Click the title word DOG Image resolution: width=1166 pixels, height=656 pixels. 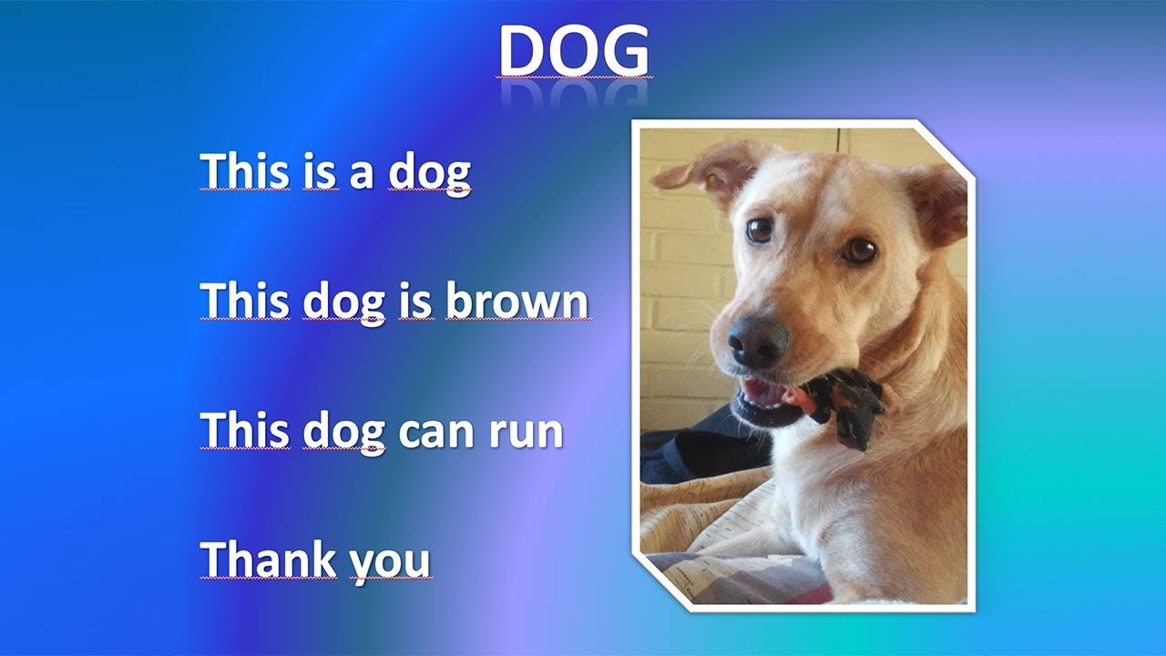[573, 52]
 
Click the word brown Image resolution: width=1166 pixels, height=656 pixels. [517, 302]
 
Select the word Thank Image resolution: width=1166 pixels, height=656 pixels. [268, 559]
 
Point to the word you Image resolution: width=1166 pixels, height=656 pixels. [391, 562]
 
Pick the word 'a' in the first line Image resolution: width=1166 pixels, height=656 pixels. [362, 173]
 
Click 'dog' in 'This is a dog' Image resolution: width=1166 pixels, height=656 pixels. [429, 174]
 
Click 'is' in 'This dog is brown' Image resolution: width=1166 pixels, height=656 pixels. [415, 301]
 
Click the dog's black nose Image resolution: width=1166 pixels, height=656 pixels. [757, 340]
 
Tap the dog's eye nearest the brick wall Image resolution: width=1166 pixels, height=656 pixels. [759, 230]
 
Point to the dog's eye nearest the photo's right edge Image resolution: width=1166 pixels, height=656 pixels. [858, 250]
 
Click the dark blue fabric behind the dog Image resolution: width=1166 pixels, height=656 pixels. [692, 451]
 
